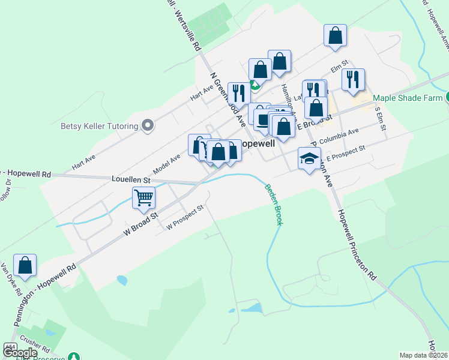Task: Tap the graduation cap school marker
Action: pos(309,159)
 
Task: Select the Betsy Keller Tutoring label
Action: pos(98,126)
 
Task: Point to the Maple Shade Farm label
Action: pos(408,98)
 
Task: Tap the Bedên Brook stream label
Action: pos(273,204)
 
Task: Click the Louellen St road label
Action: pos(130,179)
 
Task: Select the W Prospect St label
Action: pos(185,217)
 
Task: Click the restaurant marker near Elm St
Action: pos(353,79)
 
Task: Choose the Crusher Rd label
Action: pos(37,347)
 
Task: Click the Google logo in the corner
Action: pos(20,353)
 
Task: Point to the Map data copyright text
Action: pos(423,355)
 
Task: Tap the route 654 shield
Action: pos(10,347)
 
